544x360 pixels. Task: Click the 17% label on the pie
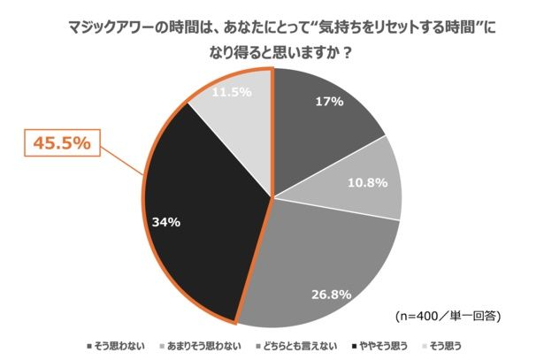point(329,101)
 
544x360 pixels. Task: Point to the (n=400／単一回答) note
point(450,315)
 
